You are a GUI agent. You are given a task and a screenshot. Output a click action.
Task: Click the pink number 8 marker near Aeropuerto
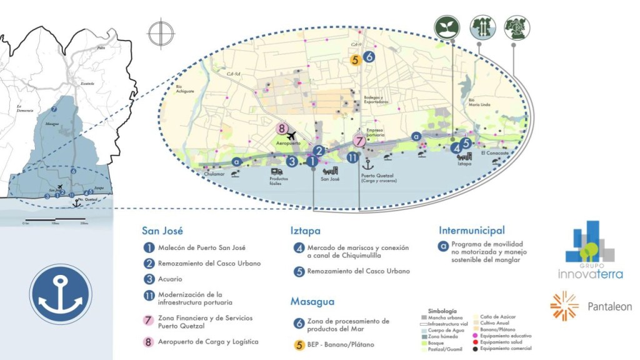282,129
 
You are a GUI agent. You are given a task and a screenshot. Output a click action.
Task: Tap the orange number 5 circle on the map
355,60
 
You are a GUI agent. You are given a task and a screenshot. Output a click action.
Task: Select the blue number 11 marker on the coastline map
352,157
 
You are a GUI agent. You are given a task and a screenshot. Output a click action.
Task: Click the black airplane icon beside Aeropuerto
290,136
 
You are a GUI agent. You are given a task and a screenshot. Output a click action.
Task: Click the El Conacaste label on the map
492,152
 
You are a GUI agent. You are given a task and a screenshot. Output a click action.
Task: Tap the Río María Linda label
477,102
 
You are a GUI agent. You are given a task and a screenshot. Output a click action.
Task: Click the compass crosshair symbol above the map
161,32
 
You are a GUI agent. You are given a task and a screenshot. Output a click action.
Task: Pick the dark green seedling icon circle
447,27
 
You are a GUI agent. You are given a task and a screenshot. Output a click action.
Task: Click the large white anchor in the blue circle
60,294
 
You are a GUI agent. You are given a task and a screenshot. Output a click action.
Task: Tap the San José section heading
162,230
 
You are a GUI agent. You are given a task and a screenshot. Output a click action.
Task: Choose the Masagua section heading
312,301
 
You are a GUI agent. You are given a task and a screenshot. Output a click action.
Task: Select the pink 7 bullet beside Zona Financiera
149,320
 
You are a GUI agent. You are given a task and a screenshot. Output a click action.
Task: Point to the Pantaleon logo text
609,307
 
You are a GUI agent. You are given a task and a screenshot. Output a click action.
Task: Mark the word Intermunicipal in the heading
471,230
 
